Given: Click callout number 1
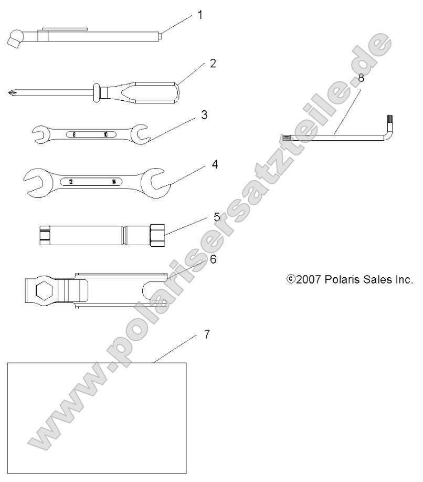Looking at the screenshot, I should tap(199, 15).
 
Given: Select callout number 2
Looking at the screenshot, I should tap(213, 64).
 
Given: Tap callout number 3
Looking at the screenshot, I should tap(204, 114).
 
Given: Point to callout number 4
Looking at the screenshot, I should tap(215, 164).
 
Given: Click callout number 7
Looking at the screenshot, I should tap(207, 334).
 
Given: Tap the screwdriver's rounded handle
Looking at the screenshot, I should tap(157, 90).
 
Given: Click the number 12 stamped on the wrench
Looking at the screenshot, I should tap(71, 182).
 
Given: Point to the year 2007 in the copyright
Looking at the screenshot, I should tap(308, 279).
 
